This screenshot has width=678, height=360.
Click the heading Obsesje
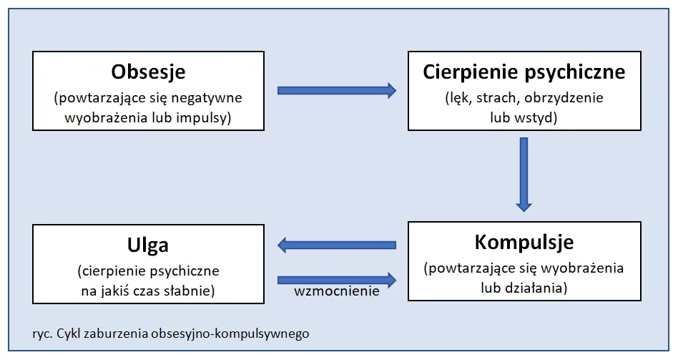point(148,72)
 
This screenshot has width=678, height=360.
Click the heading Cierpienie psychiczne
point(524,72)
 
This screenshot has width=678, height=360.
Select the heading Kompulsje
point(524,242)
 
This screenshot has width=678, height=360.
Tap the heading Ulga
point(148,245)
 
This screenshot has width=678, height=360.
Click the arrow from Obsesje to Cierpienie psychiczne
point(336,90)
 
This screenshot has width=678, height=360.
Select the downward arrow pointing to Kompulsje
point(524,174)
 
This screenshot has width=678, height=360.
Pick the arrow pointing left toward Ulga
point(336,245)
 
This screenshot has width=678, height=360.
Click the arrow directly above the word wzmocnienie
point(336,278)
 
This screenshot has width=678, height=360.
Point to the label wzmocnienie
point(336,292)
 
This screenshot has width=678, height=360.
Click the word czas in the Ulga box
point(149,291)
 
